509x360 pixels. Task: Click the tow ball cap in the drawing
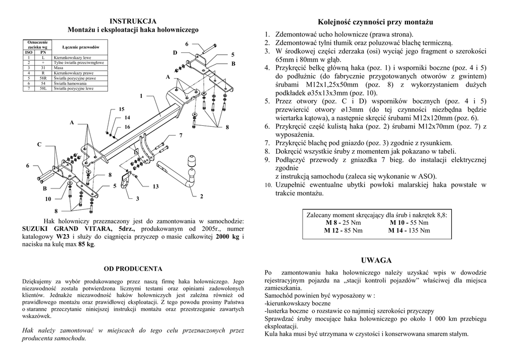click(x=192, y=162)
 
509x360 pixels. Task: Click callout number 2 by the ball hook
click(x=201, y=196)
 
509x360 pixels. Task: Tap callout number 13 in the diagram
click(x=155, y=186)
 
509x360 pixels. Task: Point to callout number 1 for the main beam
click(x=141, y=95)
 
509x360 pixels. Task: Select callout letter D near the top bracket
click(x=175, y=53)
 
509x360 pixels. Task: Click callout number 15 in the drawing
click(x=121, y=109)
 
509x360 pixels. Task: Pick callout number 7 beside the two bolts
click(x=181, y=135)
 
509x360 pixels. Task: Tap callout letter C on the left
click(x=39, y=144)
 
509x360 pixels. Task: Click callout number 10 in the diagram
click(x=48, y=199)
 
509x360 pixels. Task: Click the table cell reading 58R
click(x=43, y=78)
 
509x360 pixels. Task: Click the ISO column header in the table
click(x=28, y=52)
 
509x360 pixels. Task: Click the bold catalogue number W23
click(x=63, y=236)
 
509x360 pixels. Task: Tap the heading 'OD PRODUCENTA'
click(x=133, y=269)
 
